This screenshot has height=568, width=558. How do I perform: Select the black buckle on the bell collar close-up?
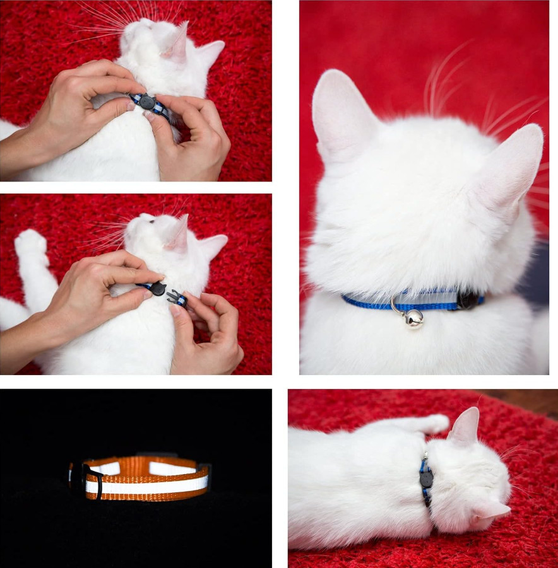pyautogui.click(x=468, y=299)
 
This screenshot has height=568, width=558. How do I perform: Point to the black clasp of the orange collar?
pyautogui.click(x=90, y=477)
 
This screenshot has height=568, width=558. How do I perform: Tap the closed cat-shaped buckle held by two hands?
pyautogui.click(x=146, y=102)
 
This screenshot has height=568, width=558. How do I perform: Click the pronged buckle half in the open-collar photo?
pyautogui.click(x=177, y=298)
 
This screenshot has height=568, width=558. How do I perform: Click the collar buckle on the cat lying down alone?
pyautogui.click(x=426, y=479)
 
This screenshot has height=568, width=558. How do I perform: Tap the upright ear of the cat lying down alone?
pyautogui.click(x=466, y=426)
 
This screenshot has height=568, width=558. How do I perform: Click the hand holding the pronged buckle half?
pyautogui.click(x=208, y=334)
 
